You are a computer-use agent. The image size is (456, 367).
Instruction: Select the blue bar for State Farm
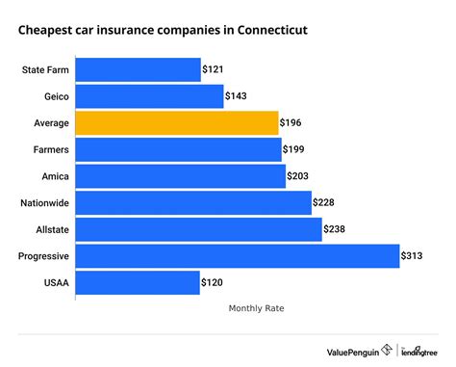(x=138, y=70)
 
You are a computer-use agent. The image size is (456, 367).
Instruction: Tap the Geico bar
(x=148, y=96)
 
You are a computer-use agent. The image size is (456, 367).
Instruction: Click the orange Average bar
(x=177, y=123)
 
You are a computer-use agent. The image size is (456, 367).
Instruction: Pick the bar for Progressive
(x=237, y=255)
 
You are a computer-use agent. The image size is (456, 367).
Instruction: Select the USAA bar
(x=137, y=282)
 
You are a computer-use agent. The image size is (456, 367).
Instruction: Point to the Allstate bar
(x=198, y=229)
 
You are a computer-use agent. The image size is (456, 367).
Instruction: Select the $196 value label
(x=293, y=123)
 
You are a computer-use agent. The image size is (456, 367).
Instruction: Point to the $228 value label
(x=326, y=202)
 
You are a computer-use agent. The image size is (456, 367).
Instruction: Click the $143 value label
(x=237, y=96)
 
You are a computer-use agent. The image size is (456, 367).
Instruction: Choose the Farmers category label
(x=49, y=149)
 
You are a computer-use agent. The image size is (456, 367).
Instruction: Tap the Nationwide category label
(x=43, y=202)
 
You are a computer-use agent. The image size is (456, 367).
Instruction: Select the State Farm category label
(x=44, y=70)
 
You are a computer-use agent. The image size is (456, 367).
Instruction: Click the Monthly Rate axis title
(x=256, y=308)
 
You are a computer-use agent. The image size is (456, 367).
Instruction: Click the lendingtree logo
(x=419, y=351)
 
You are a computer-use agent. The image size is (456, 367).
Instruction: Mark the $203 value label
(x=300, y=176)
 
